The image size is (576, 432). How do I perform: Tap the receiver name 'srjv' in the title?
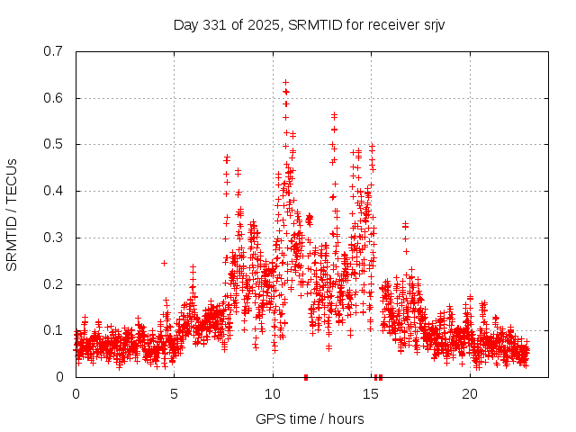430,24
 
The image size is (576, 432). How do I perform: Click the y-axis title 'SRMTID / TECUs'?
13,213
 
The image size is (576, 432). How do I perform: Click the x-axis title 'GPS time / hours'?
310,418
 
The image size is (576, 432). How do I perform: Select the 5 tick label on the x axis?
175,394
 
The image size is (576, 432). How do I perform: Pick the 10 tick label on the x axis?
273,394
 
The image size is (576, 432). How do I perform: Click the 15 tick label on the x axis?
371,394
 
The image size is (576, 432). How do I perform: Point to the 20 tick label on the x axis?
470,394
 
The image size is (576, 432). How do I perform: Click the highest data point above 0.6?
285,82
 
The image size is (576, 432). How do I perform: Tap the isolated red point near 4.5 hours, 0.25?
164,263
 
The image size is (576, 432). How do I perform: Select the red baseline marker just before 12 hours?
306,377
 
